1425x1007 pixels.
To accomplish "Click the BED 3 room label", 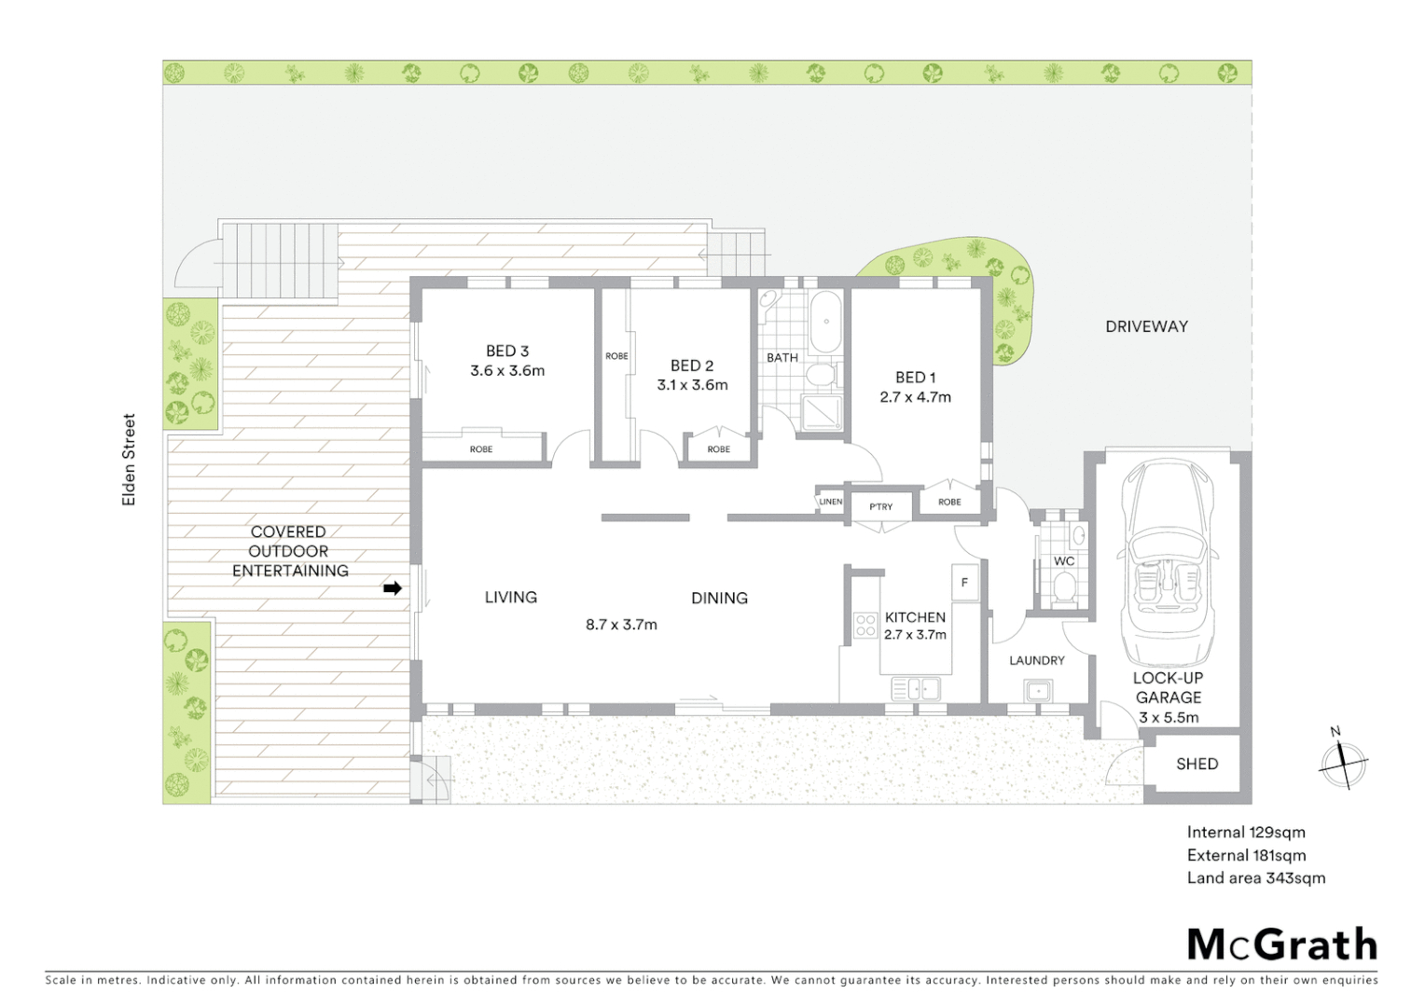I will [506, 352].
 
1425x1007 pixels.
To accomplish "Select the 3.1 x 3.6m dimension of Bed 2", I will [692, 385].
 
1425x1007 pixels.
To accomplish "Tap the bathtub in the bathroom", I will [826, 323].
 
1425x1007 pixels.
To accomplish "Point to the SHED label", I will [1197, 765].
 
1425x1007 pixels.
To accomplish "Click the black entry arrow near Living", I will [393, 588].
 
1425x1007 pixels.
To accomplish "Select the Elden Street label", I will [130, 460].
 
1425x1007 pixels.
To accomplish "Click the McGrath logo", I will [1281, 945].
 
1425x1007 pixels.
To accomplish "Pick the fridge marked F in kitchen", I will [964, 583].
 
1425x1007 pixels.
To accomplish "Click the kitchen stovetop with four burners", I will [865, 625].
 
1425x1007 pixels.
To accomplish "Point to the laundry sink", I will [1037, 691].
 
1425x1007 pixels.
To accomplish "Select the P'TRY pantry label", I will [880, 507].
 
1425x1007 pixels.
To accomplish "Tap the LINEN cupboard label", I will [830, 502].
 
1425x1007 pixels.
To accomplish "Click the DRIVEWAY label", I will [1146, 326].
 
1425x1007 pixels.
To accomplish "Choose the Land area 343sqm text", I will [1255, 878].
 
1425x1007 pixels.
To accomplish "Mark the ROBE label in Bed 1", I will [949, 503].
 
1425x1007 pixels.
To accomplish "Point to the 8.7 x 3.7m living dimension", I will [621, 625].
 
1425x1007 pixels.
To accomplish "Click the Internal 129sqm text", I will [1245, 833].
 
